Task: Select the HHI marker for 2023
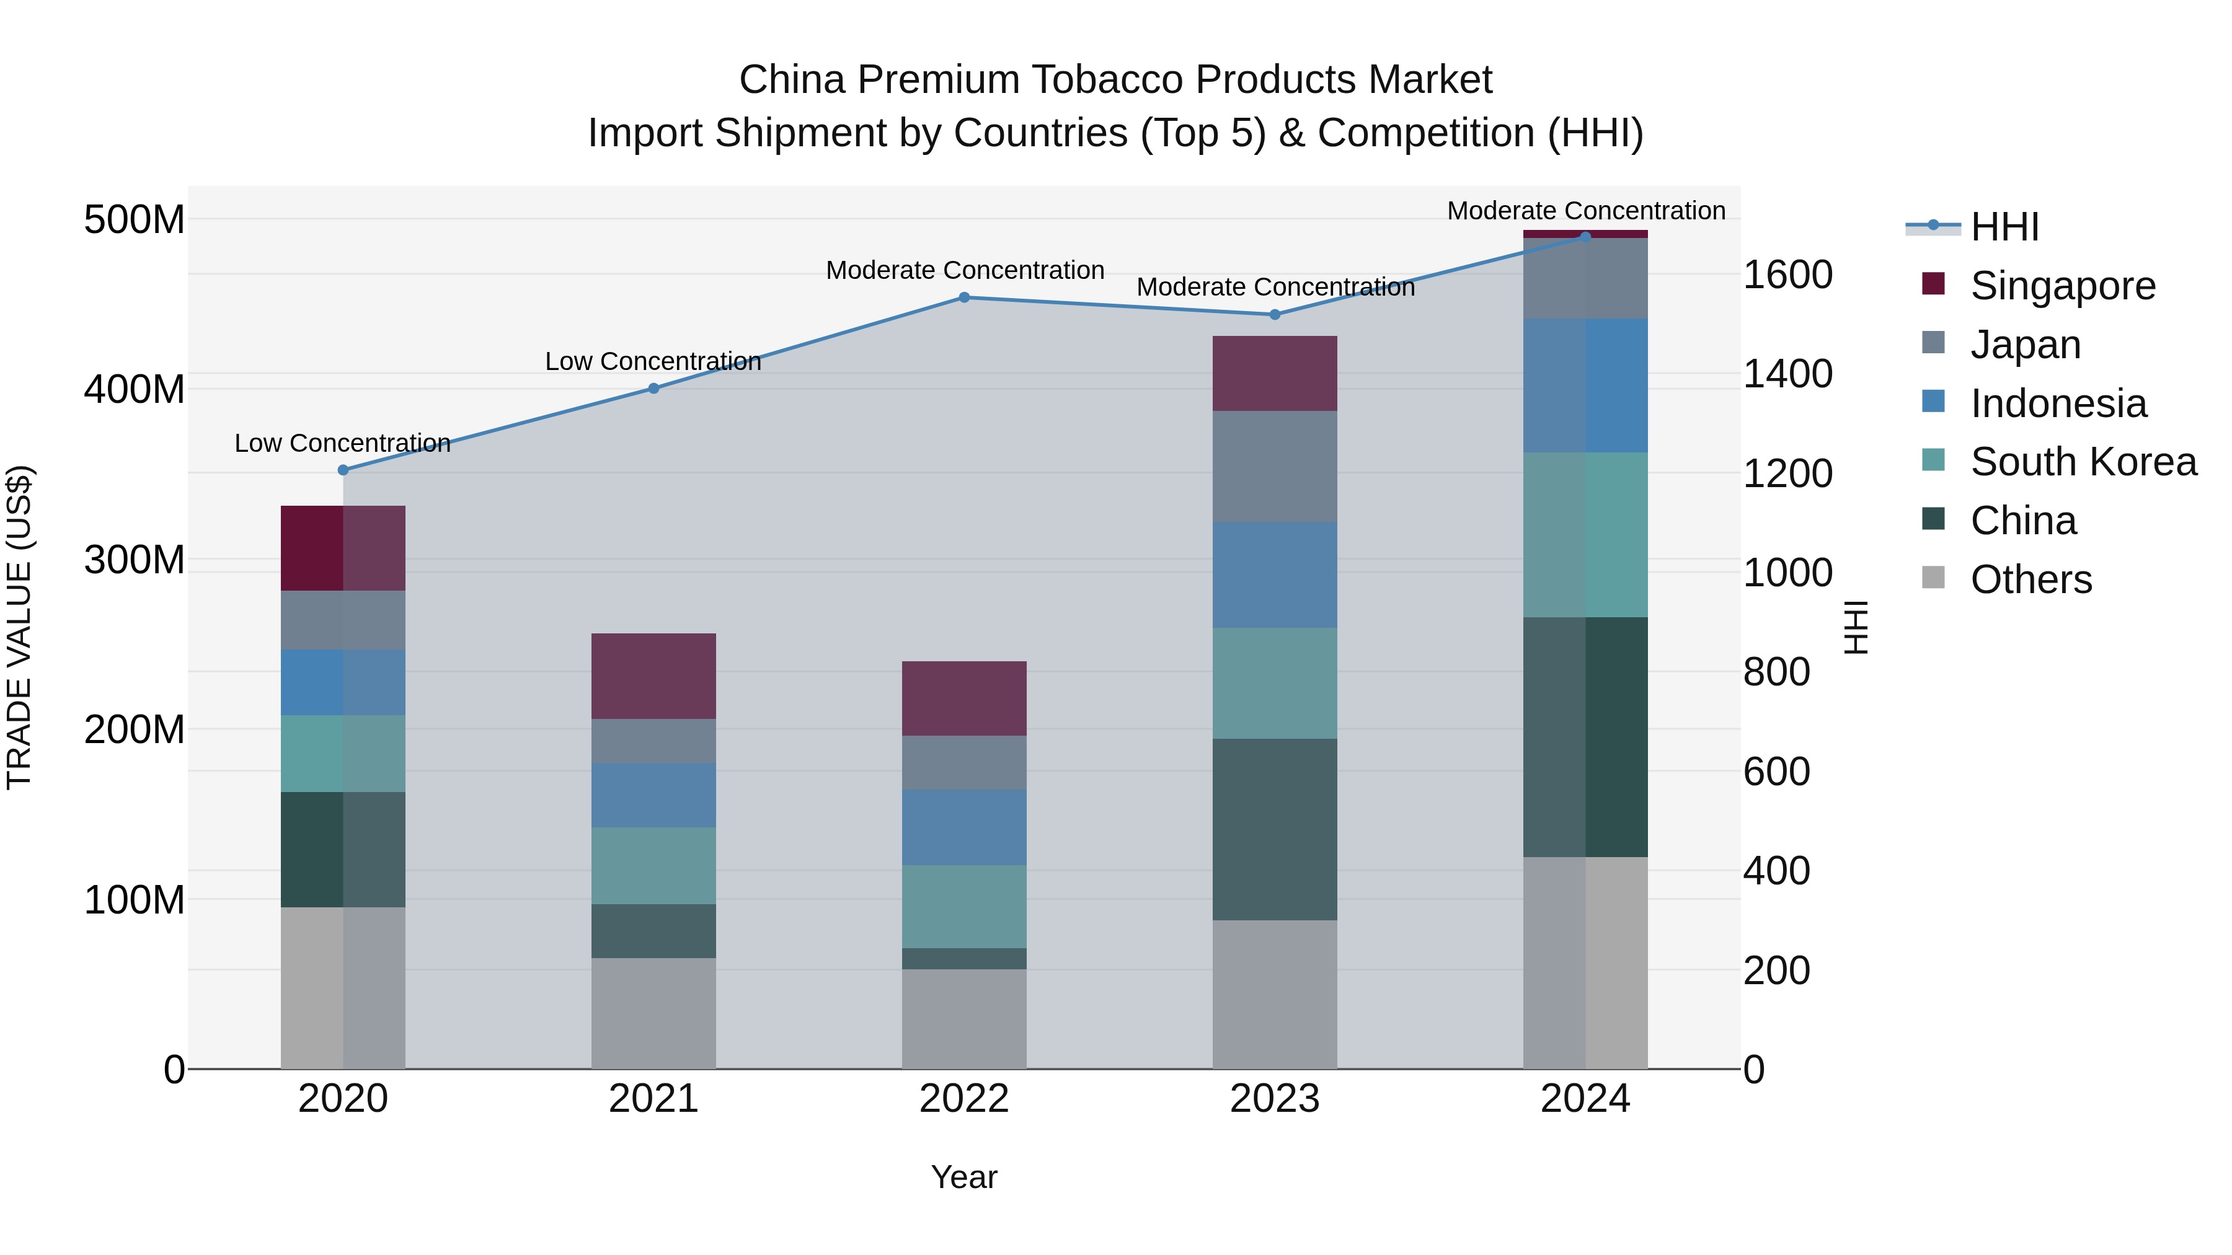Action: click(1275, 314)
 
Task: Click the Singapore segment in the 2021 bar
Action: click(653, 676)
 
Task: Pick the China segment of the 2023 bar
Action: click(1275, 829)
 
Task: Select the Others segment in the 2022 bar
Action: click(964, 1018)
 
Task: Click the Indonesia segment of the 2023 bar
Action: click(1275, 575)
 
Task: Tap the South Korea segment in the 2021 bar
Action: click(653, 865)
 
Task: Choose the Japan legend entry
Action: click(2025, 345)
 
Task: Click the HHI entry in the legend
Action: click(2004, 227)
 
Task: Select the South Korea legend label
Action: click(2083, 462)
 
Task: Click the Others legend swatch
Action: click(1933, 578)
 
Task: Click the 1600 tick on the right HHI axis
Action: click(1787, 275)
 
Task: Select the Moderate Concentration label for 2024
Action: click(1585, 211)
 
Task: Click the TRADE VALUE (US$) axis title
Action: click(19, 627)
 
